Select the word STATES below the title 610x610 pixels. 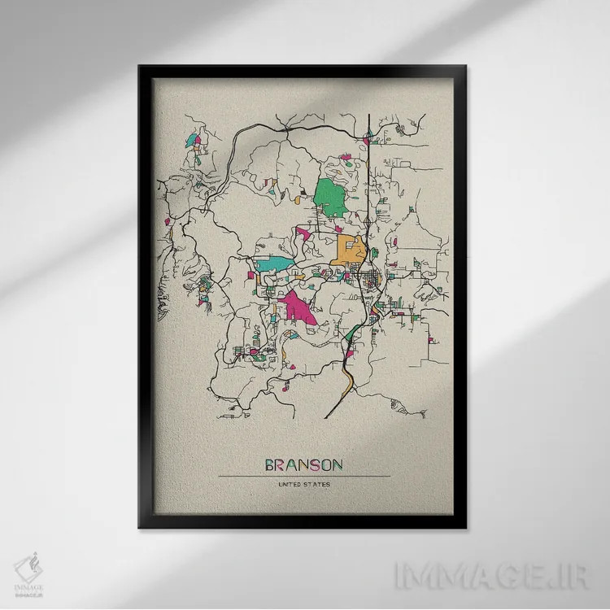pyautogui.click(x=316, y=486)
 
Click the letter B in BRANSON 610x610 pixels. pyautogui.click(x=271, y=465)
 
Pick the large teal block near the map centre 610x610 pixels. pyautogui.click(x=274, y=264)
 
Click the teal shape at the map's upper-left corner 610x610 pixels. pyautogui.click(x=192, y=140)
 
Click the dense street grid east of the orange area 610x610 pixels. pyautogui.click(x=372, y=281)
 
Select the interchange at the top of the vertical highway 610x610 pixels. pyautogui.click(x=368, y=137)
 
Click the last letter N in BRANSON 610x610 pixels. pyautogui.click(x=336, y=465)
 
